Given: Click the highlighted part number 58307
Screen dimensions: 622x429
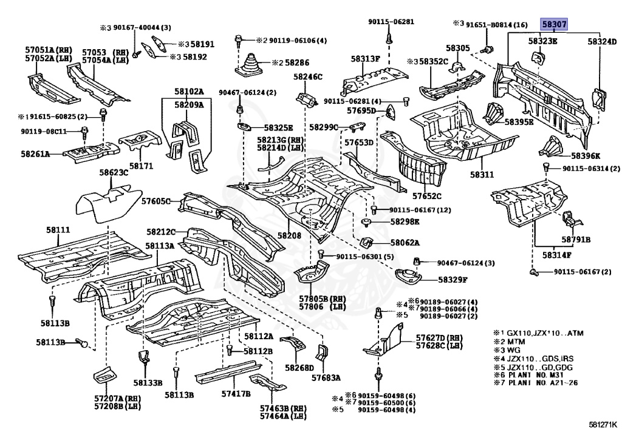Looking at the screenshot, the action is click(x=554, y=24).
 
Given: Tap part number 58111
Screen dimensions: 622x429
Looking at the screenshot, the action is click(x=58, y=230).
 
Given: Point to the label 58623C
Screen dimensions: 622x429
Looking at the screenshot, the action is click(x=114, y=172).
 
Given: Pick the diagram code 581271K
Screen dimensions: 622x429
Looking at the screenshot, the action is click(x=603, y=424).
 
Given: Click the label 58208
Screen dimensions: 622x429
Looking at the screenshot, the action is click(x=289, y=235).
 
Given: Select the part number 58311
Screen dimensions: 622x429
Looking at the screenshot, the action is click(x=482, y=174).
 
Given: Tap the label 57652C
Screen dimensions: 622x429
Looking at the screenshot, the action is click(x=426, y=195).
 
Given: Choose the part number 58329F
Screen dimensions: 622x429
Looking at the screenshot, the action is click(x=453, y=280).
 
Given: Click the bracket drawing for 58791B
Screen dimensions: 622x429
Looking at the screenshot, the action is click(x=571, y=220).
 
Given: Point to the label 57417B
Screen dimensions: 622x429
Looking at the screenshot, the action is click(x=236, y=393).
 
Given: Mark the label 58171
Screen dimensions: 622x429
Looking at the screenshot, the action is click(x=142, y=166).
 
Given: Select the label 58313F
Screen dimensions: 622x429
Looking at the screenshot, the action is click(x=365, y=59).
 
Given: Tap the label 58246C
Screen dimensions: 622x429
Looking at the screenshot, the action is click(x=308, y=76).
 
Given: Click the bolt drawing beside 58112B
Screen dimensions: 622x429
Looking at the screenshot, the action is click(x=229, y=350).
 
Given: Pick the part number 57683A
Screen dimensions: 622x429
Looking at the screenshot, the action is click(x=326, y=377).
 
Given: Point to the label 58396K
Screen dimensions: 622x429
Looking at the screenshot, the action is click(x=586, y=156).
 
